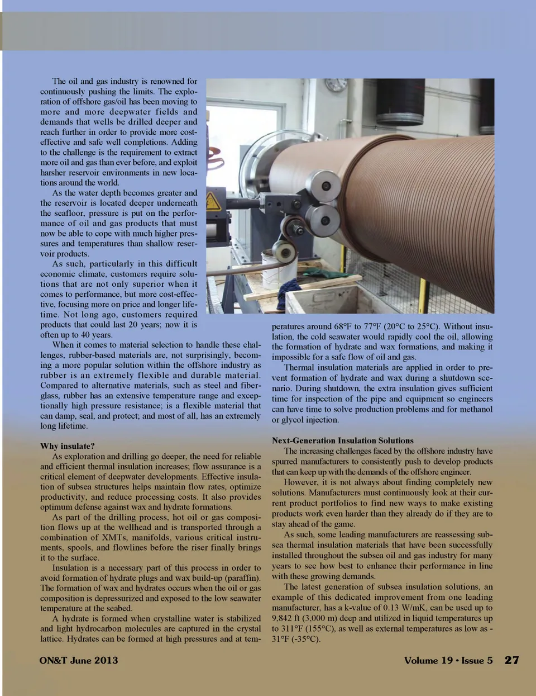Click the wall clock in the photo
(336, 84)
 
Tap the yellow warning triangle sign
(213, 202)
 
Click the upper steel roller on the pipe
(324, 186)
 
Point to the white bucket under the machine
(279, 269)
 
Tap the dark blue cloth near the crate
(291, 287)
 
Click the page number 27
(511, 660)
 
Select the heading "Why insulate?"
(67, 446)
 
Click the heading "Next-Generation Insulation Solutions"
(342, 441)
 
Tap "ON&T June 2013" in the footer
(79, 660)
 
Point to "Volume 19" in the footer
(428, 660)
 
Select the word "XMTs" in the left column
(113, 537)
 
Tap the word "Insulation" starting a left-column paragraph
(70, 568)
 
